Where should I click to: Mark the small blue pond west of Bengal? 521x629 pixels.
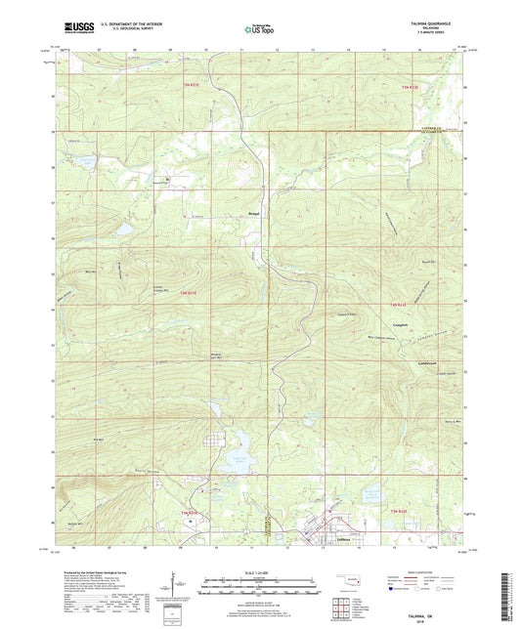tap(124, 231)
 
